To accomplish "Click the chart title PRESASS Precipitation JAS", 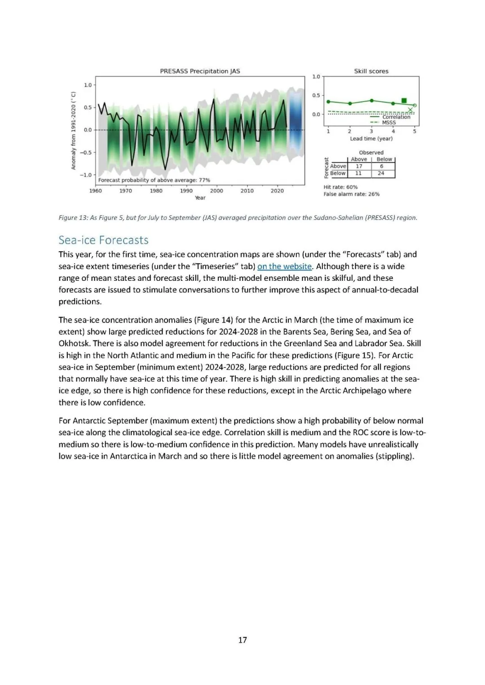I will [x=200, y=71].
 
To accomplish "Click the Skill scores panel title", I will [x=371, y=71].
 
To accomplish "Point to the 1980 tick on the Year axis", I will [x=156, y=190].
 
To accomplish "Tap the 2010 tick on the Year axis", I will [x=247, y=190].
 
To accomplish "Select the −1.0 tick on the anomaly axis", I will [x=86, y=175].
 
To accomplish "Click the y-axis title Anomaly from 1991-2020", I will [x=74, y=131].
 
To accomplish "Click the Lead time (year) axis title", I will [x=371, y=139].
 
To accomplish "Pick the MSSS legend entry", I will [x=388, y=122].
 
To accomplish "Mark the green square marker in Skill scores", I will [x=404, y=100].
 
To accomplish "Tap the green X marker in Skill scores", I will [x=410, y=109].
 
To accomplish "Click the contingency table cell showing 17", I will [x=359, y=166].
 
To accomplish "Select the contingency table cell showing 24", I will [x=381, y=173].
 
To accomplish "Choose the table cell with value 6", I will [x=381, y=166].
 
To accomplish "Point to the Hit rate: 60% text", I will [x=340, y=187].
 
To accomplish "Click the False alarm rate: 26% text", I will [x=351, y=194].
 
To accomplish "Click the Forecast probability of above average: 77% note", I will [x=154, y=180].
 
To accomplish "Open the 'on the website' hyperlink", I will [x=284, y=266].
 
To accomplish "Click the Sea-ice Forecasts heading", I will [x=103, y=240].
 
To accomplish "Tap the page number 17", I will [x=242, y=640].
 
